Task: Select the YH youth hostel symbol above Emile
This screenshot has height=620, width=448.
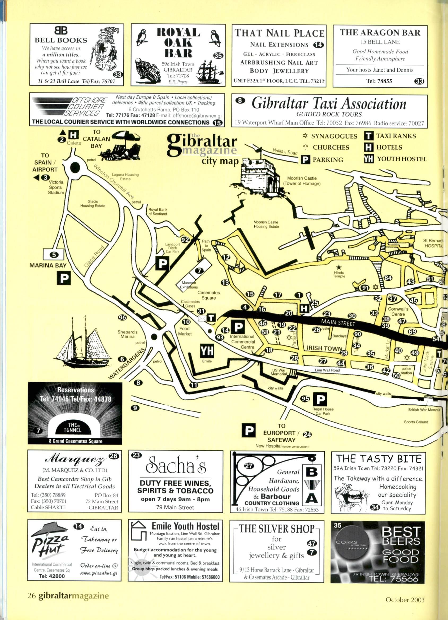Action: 207,351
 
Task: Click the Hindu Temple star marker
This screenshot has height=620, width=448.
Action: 339,267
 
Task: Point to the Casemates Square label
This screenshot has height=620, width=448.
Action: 208,295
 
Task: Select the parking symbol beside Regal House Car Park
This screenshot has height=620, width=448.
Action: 320,399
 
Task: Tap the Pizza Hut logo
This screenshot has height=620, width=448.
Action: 50,541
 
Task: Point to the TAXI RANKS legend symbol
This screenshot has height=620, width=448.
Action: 368,136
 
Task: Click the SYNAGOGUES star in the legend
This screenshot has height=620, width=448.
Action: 305,136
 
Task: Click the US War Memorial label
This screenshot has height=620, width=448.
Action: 279,372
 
